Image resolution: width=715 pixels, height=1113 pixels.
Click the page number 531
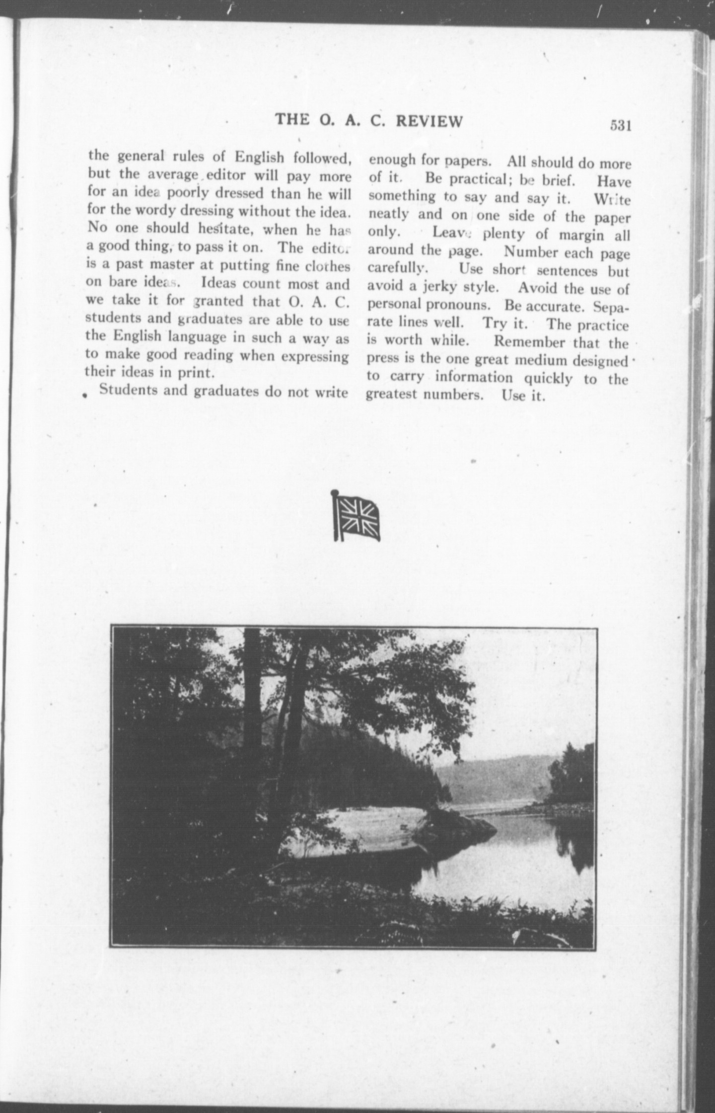(x=620, y=126)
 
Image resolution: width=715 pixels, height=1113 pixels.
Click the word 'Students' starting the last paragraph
(x=128, y=390)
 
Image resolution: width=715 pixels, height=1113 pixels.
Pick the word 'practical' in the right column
(x=477, y=179)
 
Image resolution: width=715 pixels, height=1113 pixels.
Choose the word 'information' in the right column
(x=473, y=378)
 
